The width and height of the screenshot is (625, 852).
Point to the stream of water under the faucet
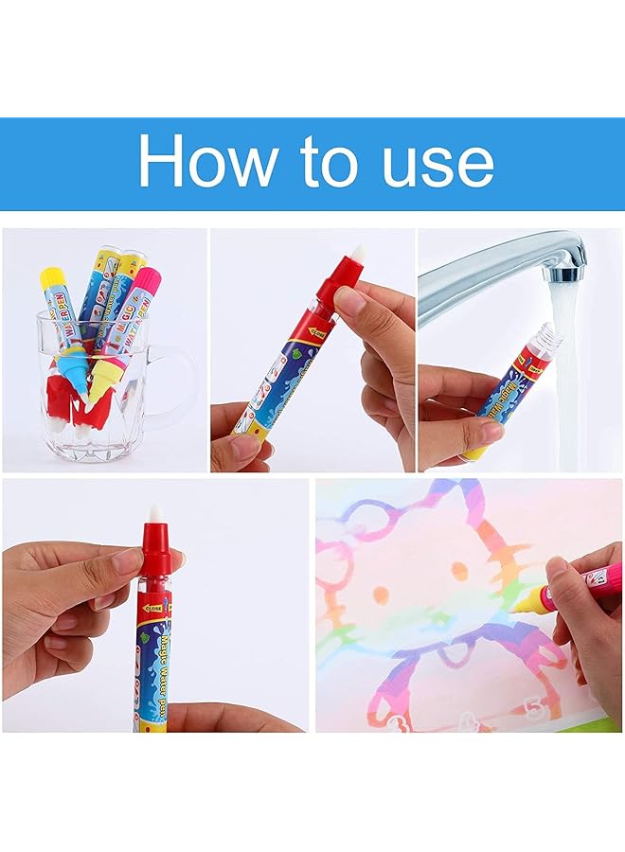566,379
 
